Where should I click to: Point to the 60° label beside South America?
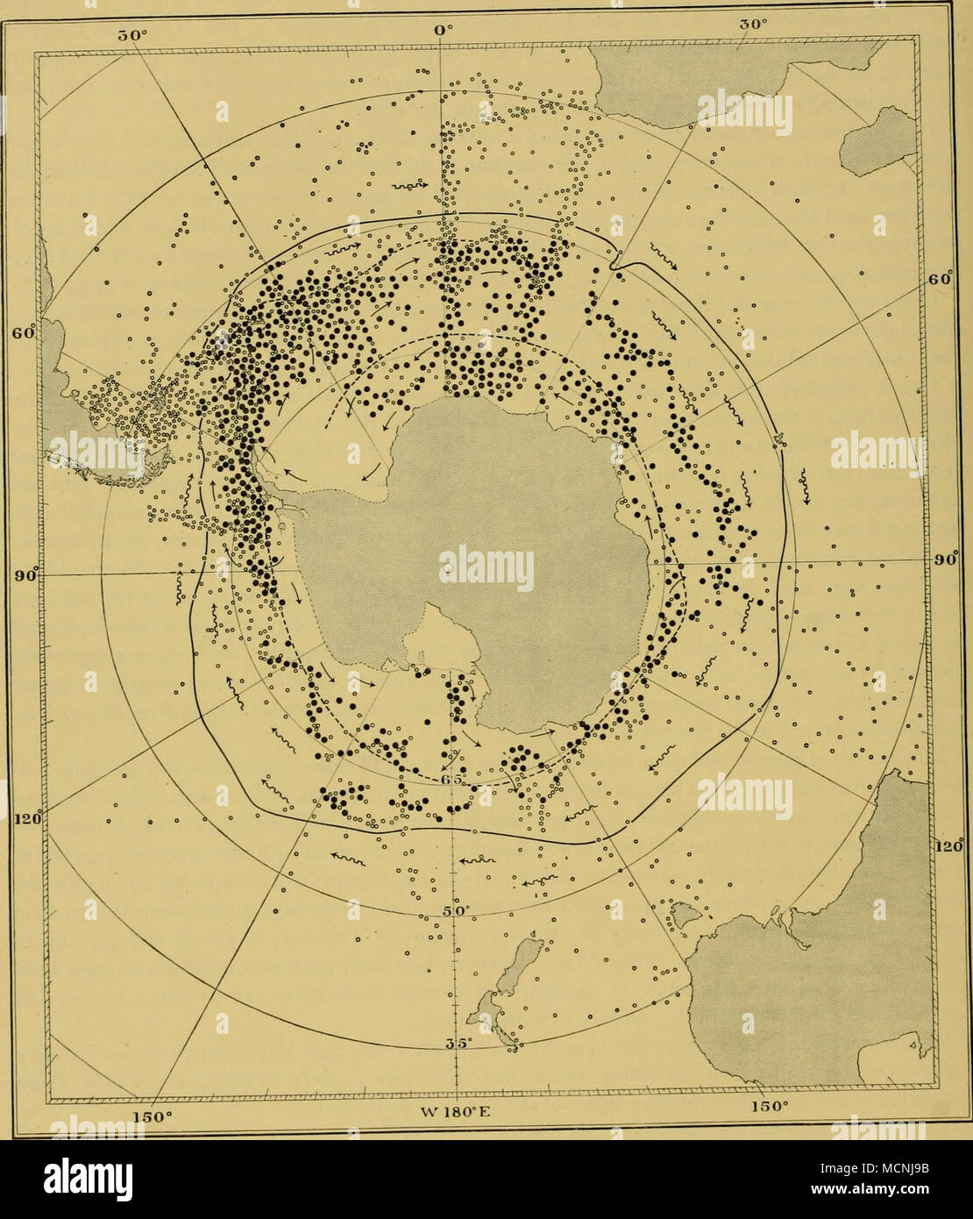point(23,335)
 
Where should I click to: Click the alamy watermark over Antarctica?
point(487,566)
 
